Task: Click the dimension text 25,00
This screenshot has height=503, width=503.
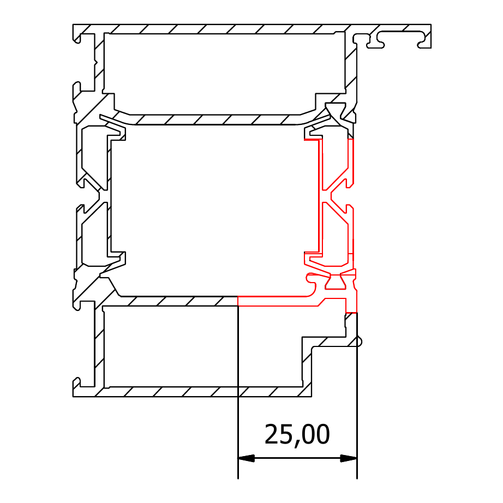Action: coord(297,435)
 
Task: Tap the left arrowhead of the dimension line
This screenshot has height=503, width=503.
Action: coord(246,458)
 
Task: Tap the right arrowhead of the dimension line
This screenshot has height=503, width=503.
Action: coord(349,458)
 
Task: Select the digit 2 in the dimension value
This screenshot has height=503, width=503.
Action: coord(271,434)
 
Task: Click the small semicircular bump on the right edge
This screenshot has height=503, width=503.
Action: coord(360,342)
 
